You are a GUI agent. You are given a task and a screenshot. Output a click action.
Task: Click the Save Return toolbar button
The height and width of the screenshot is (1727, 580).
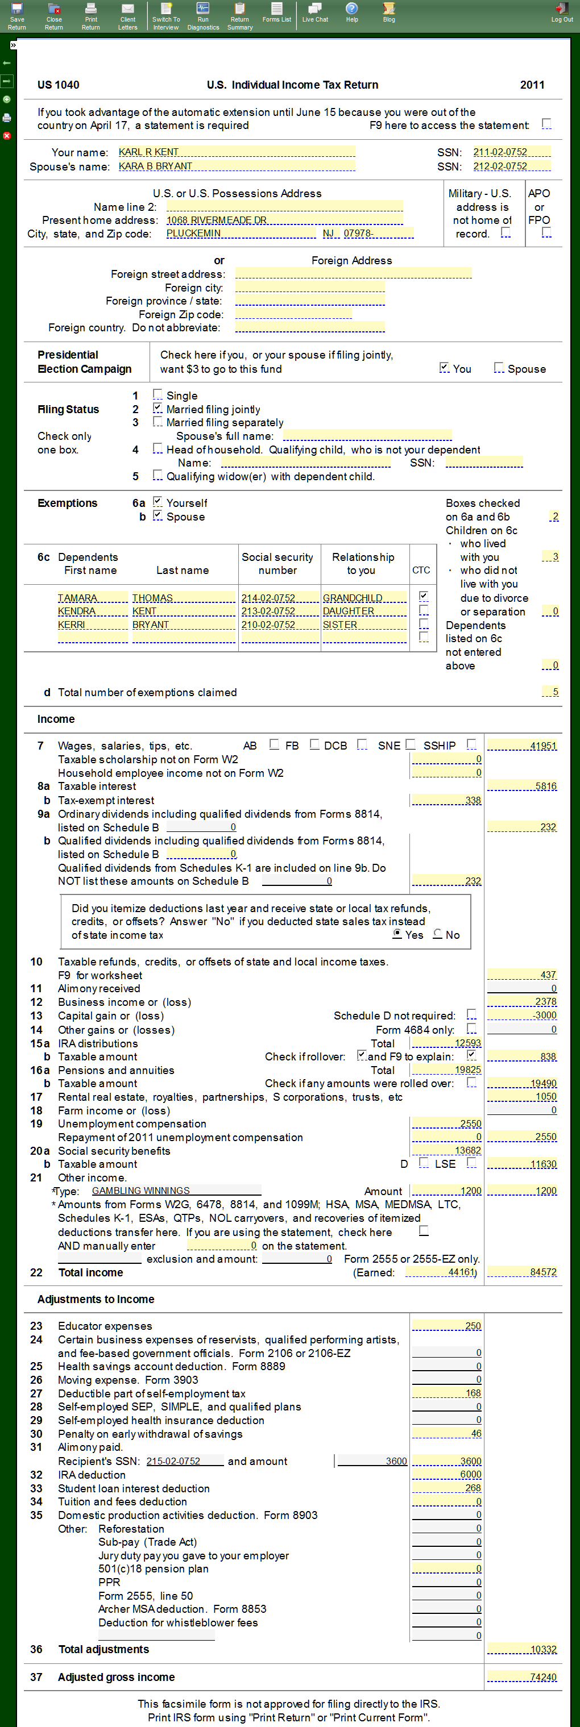point(16,15)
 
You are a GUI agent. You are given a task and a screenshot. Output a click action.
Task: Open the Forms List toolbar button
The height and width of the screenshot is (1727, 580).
point(276,12)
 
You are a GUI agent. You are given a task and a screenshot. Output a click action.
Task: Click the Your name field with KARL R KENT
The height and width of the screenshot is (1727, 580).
point(236,152)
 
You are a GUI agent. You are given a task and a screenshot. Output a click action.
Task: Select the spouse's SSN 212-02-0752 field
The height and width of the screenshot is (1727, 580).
point(511,167)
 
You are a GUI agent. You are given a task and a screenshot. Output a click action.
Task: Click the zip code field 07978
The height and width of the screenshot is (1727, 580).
point(378,234)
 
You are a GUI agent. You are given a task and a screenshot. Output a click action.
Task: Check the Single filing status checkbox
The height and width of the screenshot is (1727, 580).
point(158,395)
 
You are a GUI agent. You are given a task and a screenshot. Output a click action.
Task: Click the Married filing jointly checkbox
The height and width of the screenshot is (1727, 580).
point(158,408)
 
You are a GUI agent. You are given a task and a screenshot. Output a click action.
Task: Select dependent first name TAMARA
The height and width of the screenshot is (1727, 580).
point(92,598)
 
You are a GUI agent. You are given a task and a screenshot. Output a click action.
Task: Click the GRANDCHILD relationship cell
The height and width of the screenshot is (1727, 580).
point(364,598)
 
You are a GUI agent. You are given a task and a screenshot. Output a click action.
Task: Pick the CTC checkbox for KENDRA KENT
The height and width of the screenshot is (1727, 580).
point(424,611)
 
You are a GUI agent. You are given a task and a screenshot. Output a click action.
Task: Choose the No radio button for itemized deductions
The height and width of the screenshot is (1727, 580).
point(438,934)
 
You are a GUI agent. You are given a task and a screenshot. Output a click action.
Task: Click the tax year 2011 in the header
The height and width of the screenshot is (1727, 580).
point(532,85)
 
